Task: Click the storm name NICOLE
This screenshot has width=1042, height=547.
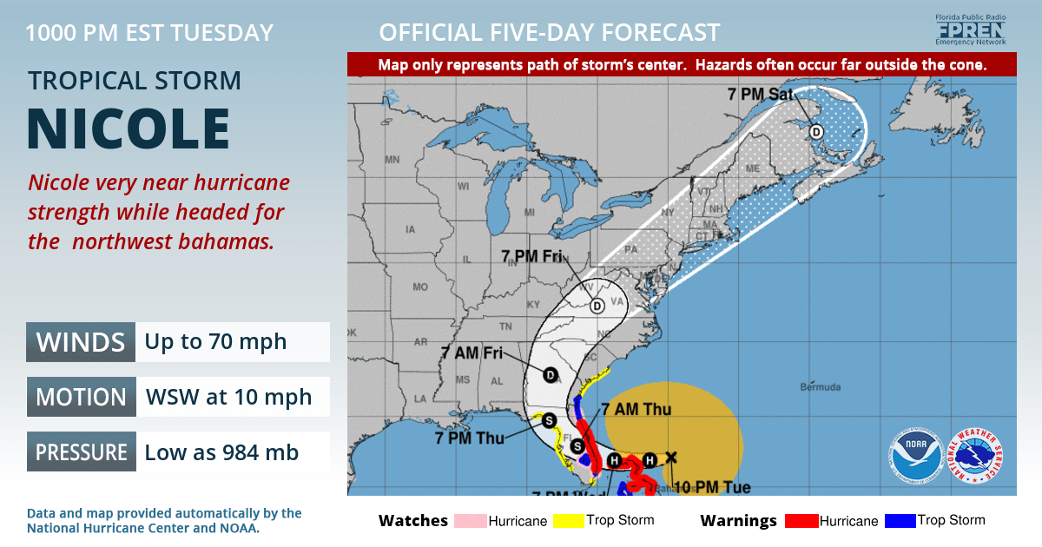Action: [129, 130]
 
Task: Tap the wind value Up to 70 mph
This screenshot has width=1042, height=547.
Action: [215, 341]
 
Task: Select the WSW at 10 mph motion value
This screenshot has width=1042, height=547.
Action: [228, 397]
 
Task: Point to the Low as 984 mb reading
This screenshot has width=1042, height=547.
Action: [221, 452]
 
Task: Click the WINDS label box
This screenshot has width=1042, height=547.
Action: [81, 341]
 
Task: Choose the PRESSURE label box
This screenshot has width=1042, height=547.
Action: [81, 452]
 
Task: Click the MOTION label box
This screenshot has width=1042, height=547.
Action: [81, 397]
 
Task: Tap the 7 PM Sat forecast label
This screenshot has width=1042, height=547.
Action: [760, 94]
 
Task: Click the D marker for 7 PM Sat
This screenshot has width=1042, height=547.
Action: [816, 132]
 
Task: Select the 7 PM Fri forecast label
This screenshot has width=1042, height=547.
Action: [531, 256]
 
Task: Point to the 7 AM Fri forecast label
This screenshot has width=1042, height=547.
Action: [471, 353]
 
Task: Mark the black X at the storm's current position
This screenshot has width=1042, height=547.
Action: [670, 457]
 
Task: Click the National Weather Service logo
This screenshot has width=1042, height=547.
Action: [977, 456]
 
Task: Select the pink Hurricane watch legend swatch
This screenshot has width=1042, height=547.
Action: [469, 521]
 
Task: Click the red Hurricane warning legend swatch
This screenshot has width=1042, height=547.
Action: [801, 521]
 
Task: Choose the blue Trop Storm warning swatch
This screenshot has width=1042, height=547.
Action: [901, 521]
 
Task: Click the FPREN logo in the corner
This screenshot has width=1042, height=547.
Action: [969, 30]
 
